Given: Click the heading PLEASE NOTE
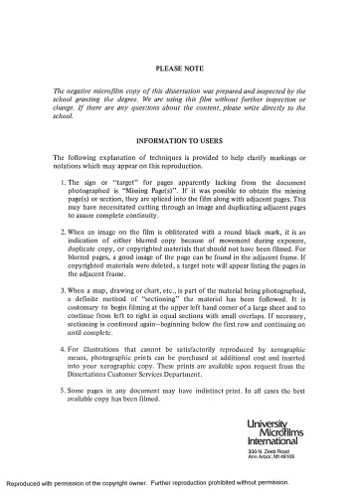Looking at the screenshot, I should [x=180, y=68].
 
